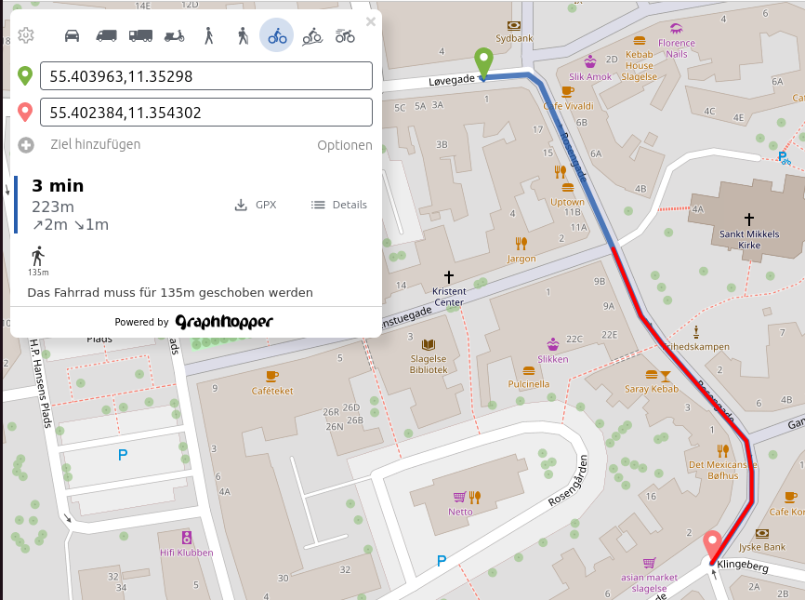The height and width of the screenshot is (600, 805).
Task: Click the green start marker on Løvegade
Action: (483, 61)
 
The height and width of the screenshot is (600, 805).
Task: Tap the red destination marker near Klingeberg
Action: (713, 544)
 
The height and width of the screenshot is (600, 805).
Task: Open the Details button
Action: (339, 205)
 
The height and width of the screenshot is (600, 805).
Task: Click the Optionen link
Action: (344, 145)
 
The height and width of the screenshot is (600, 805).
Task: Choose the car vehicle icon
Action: (72, 35)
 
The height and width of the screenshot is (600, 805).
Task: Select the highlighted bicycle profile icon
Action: (276, 35)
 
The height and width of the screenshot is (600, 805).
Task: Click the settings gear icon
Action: (26, 35)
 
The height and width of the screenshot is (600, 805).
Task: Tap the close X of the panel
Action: (371, 21)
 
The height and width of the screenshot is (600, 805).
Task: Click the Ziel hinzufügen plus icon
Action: (26, 145)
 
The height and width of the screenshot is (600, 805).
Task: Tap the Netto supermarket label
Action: (460, 512)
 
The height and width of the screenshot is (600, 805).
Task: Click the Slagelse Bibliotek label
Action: (429, 364)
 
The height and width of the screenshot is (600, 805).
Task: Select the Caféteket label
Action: (272, 391)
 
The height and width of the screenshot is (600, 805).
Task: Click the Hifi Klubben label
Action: (186, 553)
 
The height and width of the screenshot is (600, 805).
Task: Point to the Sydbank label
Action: (514, 39)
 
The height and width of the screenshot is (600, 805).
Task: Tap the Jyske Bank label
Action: (762, 545)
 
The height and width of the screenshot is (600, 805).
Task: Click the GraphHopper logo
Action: (224, 322)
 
